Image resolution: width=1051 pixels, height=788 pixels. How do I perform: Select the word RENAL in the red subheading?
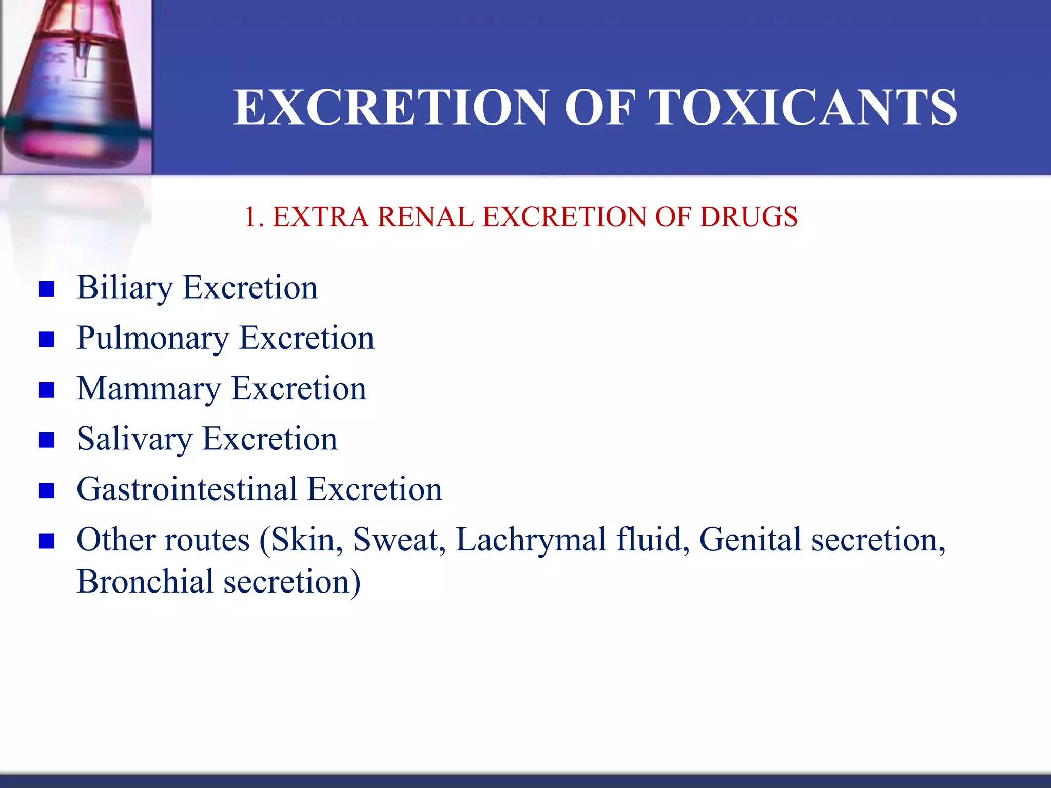coord(425,216)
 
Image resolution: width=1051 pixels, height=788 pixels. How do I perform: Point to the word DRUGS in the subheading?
coord(749,216)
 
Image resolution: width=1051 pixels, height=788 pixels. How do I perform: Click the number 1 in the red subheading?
coord(250,216)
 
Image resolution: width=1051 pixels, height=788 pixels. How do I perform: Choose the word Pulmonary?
coord(152,339)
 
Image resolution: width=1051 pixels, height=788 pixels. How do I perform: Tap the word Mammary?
coord(148,389)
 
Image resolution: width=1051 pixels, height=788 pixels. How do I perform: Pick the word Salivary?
coord(134,439)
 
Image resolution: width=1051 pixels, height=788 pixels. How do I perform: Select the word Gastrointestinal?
coord(187,489)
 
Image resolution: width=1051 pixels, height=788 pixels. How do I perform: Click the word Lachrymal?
coord(531,540)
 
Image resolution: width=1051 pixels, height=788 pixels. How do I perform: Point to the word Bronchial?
coord(145,582)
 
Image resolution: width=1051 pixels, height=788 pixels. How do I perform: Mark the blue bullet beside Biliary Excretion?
coord(47,289)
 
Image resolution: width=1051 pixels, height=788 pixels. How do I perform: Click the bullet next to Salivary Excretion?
coord(47,440)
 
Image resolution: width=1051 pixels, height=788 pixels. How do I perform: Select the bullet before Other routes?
coord(47,541)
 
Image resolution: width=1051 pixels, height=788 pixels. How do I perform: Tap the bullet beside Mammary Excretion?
coord(47,390)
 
